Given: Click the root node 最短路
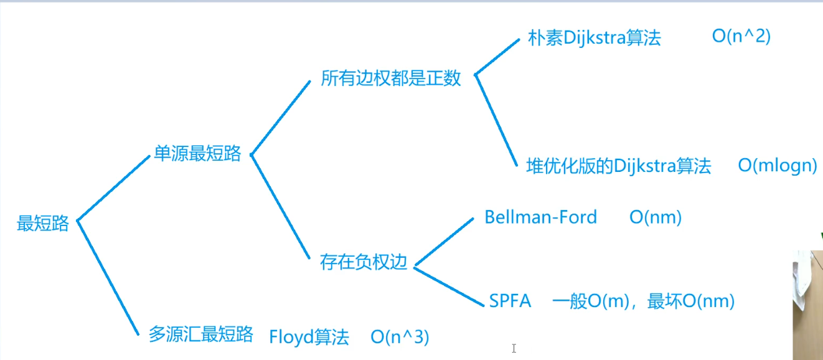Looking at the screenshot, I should [42, 224].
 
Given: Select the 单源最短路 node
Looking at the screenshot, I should [197, 154].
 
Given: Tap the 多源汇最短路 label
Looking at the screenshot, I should [200, 334].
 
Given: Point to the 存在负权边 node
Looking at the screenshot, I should [364, 262].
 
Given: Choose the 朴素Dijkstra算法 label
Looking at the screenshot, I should [594, 38].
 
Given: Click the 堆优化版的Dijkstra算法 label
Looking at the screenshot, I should [618, 166].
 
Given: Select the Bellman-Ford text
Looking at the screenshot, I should [540, 217].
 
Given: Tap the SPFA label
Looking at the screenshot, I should [510, 301].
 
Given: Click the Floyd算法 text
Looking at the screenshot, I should [309, 338].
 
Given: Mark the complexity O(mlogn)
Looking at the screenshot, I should [778, 166].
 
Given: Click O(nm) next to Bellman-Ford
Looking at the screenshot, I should [656, 217].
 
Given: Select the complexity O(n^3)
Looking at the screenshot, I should [400, 338].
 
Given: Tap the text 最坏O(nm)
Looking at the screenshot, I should [691, 301].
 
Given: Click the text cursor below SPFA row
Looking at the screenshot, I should [514, 349].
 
